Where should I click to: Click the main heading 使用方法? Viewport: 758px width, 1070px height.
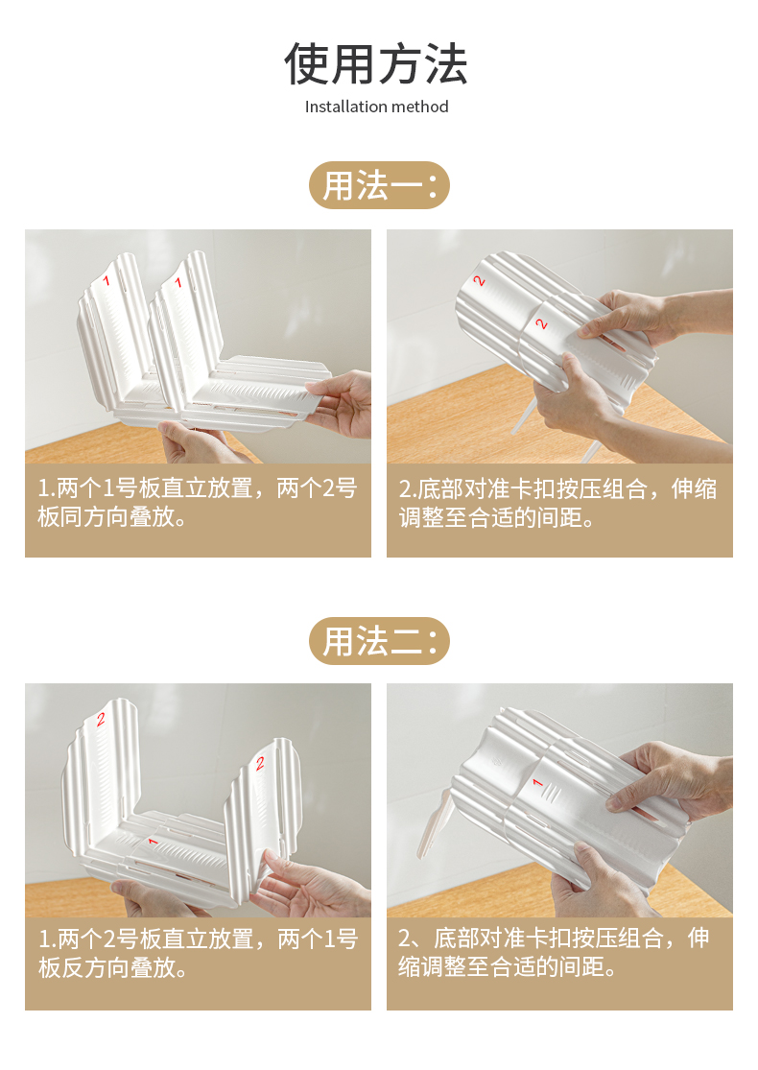(x=376, y=64)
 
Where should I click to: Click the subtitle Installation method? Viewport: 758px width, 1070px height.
(x=377, y=107)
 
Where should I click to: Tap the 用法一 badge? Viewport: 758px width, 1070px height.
(x=379, y=185)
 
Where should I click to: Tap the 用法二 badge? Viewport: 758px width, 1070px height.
(x=379, y=641)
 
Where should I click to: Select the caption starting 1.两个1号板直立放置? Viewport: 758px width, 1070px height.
(x=197, y=502)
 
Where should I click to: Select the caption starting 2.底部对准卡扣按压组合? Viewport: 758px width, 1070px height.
(x=558, y=503)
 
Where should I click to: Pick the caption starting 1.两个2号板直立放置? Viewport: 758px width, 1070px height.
(x=198, y=953)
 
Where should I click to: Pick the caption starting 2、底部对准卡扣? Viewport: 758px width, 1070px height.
(x=554, y=952)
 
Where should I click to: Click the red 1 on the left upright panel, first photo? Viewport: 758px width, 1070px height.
(x=106, y=280)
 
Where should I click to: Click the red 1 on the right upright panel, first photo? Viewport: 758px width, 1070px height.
(x=178, y=282)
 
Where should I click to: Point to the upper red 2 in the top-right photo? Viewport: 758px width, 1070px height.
(x=479, y=280)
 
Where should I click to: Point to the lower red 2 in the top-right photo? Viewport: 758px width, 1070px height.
(x=541, y=323)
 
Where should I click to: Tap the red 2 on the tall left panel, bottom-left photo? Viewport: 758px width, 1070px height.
(x=101, y=719)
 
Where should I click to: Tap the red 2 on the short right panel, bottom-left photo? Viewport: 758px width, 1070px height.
(x=260, y=764)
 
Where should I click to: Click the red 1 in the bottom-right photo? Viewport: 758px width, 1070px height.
(x=537, y=782)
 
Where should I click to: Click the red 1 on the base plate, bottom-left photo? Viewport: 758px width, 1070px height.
(x=153, y=842)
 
